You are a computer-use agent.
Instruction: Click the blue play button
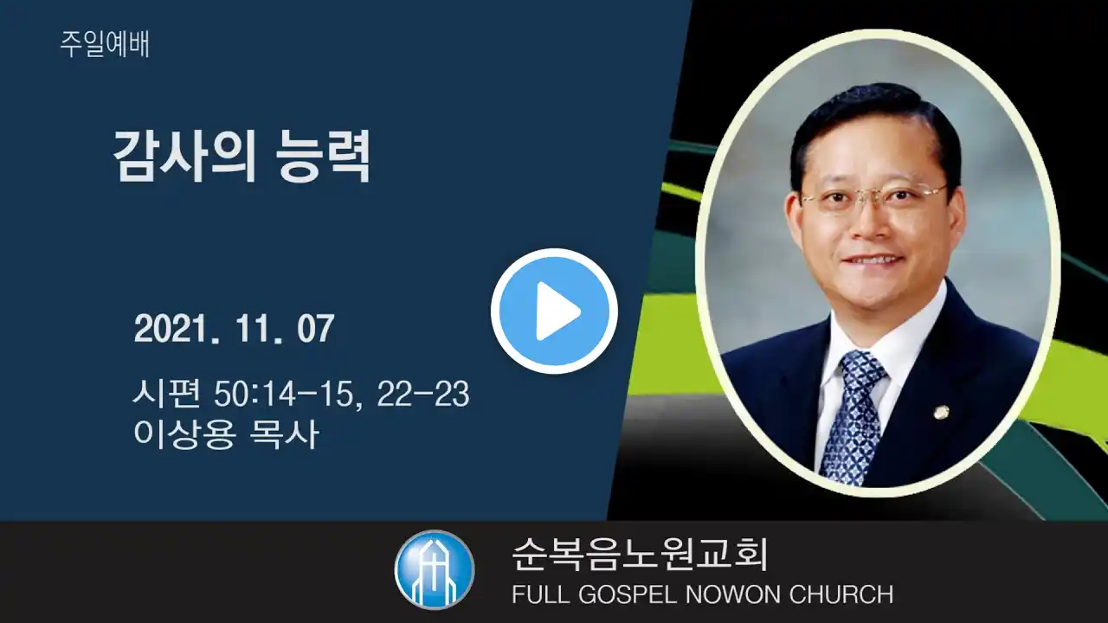tap(554, 311)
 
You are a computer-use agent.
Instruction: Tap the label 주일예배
tap(105, 44)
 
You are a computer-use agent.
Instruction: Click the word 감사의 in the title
tap(184, 157)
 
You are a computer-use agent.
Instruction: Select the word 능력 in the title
tap(324, 157)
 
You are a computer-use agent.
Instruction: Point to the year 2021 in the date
tap(171, 329)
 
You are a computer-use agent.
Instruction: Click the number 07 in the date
tap(316, 329)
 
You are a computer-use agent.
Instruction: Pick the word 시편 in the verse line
tap(167, 394)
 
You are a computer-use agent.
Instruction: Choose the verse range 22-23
tap(423, 395)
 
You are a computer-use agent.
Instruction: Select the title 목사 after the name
tap(284, 434)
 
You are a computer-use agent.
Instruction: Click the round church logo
tap(435, 569)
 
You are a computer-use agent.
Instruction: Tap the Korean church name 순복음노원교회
tap(640, 555)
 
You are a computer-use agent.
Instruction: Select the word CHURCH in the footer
tap(841, 594)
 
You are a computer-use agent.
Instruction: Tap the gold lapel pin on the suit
tap(941, 412)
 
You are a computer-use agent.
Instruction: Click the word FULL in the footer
tap(541, 594)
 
